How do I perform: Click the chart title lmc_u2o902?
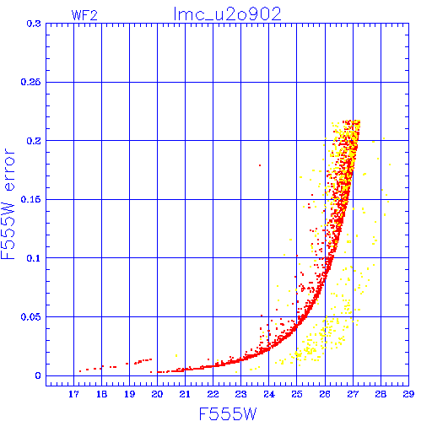coord(228,14)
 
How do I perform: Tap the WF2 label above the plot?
coord(84,15)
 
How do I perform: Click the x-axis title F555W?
coord(228,413)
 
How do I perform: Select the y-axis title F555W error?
coord(8,204)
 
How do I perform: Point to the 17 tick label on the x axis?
coord(73,394)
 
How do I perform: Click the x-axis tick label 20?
coord(157,394)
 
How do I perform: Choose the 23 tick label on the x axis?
coord(241,394)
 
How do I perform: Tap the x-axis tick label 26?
coord(325,394)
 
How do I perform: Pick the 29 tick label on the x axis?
coord(408,394)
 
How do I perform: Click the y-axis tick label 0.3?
coord(34,24)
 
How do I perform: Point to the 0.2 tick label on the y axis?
coord(34,141)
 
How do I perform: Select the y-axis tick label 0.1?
coord(34,258)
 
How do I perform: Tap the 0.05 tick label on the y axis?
coord(31,317)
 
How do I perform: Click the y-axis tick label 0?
coord(38,375)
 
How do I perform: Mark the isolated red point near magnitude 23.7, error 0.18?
coord(260,165)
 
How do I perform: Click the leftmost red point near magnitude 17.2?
coord(80,371)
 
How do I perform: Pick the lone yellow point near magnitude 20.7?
coord(176,356)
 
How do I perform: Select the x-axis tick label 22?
coord(213,394)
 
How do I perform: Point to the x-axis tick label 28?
coord(381,394)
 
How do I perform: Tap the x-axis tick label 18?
coord(101,394)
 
